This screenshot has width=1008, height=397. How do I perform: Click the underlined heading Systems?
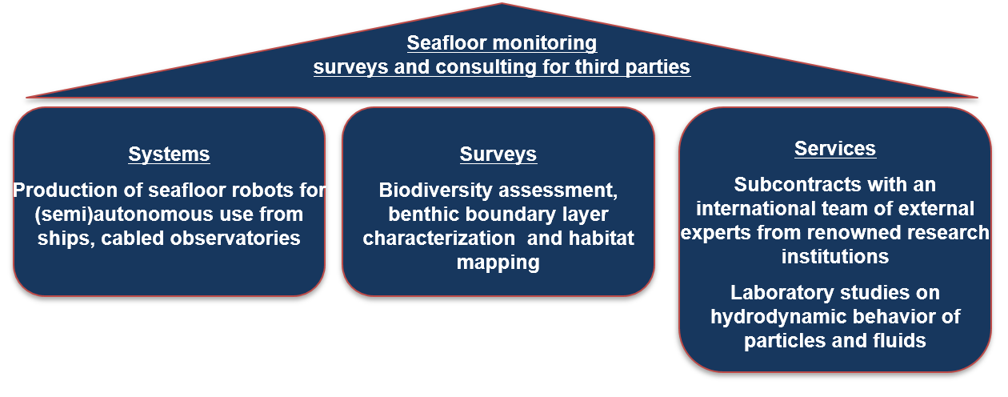click(x=170, y=154)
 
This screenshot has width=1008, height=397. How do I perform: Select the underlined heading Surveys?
click(x=498, y=154)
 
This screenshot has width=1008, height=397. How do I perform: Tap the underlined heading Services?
click(x=835, y=149)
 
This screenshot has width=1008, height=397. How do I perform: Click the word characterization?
click(x=438, y=238)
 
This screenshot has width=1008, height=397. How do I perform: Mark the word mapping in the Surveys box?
click(x=498, y=263)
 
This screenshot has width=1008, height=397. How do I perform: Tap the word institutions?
click(x=835, y=257)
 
